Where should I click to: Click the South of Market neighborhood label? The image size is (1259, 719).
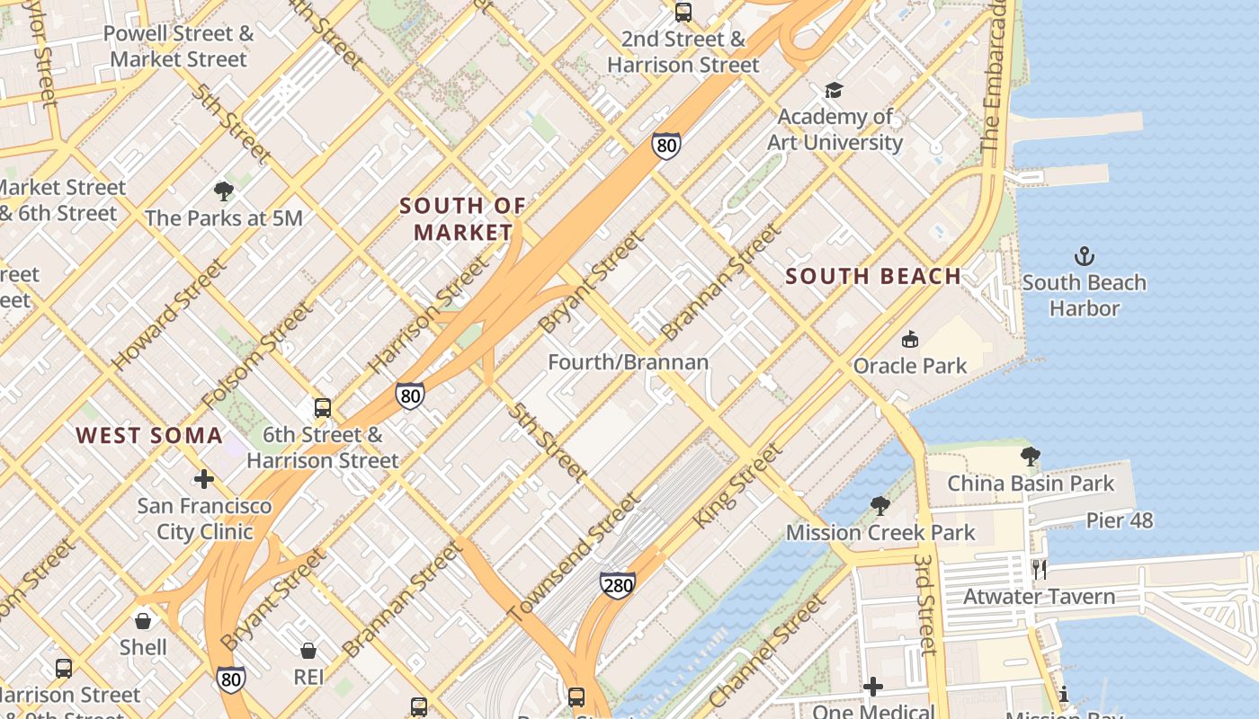462,218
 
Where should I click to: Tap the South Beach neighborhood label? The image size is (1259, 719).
873,276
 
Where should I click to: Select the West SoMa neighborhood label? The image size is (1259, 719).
148,436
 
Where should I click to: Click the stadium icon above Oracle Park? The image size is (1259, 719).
910,339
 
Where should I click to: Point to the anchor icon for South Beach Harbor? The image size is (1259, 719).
1085,256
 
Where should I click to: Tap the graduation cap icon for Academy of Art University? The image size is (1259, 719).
834,90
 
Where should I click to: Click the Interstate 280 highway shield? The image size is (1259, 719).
618,585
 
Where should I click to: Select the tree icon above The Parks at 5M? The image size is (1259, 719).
224,191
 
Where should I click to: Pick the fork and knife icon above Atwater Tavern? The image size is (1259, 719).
1040,569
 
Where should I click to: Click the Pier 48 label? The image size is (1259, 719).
1119,520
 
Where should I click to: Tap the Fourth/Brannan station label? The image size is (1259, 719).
629,362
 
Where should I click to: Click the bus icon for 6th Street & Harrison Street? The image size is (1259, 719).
323,408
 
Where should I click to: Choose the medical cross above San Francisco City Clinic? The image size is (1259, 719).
204,478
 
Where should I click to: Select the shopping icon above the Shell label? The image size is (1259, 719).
143,620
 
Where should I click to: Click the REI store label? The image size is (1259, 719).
308,677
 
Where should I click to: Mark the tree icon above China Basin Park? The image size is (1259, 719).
1031,457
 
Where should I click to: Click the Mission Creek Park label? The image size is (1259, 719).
880,533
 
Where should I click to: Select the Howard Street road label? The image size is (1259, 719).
169,315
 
